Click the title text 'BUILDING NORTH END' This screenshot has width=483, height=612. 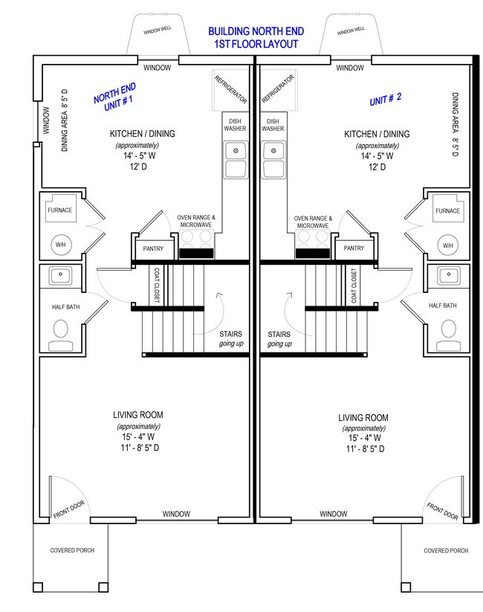[255, 32]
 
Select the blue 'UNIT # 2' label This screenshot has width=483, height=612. [385, 98]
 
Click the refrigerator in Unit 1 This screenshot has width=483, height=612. [230, 91]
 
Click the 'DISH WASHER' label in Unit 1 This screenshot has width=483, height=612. [233, 125]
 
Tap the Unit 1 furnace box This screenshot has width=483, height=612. [60, 210]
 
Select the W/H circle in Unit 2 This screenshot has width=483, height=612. [447, 245]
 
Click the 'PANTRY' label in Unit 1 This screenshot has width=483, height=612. [153, 248]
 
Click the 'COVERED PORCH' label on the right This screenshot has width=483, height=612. [446, 551]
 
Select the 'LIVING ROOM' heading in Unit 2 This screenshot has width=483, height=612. [363, 418]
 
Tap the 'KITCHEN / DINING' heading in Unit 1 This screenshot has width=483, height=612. [143, 134]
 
